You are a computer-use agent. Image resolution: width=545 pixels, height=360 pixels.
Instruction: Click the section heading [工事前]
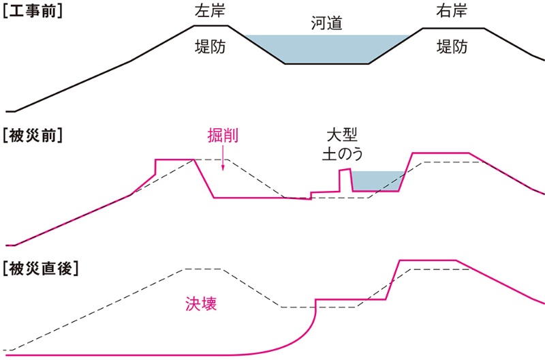tap(33, 12)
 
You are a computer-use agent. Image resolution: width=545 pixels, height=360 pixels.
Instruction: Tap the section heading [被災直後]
tap(41, 267)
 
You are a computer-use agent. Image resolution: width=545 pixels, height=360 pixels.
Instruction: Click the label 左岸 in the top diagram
tap(211, 12)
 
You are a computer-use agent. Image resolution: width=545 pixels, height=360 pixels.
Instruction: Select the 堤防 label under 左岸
tap(211, 47)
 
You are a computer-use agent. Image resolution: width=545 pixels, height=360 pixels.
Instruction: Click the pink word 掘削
tap(223, 135)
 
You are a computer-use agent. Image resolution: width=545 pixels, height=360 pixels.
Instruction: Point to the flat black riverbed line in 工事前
tap(327, 63)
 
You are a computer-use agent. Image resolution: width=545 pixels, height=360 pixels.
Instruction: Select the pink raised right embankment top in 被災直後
tap(426, 260)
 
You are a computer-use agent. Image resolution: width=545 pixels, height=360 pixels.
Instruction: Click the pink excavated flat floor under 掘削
tap(252, 198)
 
